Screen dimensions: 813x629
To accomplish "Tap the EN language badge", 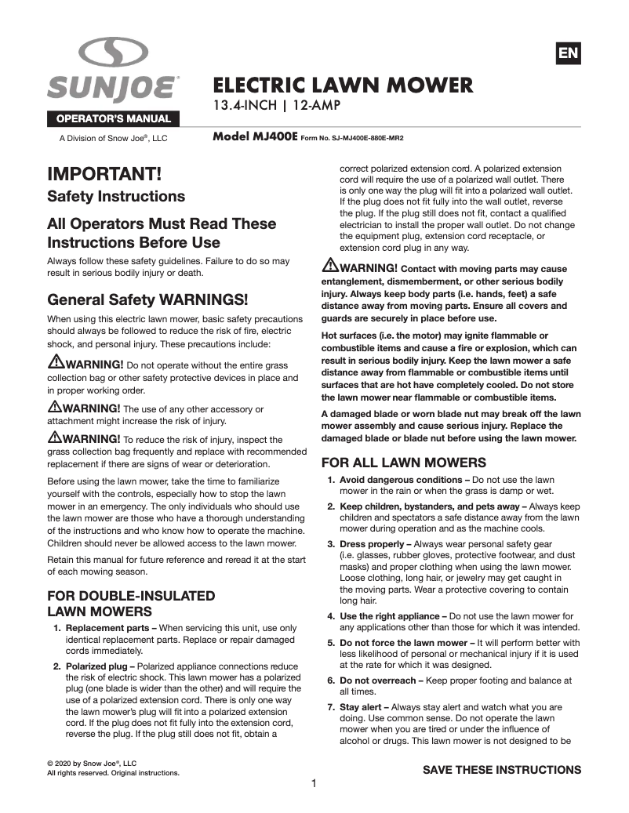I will [x=568, y=53].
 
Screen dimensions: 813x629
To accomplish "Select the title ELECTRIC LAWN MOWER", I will [x=344, y=85].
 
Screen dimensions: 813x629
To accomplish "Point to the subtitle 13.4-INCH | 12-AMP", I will [x=277, y=105].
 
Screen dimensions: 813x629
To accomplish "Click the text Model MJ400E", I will [x=255, y=136].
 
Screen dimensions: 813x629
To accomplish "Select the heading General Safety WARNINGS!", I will [x=147, y=299].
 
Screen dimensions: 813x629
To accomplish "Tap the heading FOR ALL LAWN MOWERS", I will [x=404, y=463].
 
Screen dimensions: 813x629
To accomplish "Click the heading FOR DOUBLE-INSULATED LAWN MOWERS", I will [x=131, y=604].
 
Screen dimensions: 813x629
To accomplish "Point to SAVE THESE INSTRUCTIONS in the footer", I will [x=502, y=770].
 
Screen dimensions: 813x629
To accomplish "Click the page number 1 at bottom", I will [x=314, y=783].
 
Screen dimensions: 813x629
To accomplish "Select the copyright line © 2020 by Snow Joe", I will [x=92, y=763].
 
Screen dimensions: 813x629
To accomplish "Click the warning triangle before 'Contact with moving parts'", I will [x=329, y=266].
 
